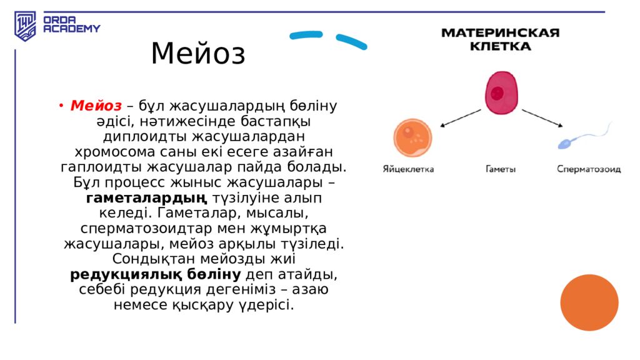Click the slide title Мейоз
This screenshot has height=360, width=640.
click(198, 54)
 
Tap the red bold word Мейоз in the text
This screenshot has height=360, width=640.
click(96, 106)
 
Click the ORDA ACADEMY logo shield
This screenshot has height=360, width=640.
click(26, 26)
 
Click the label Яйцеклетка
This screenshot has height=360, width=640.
click(408, 169)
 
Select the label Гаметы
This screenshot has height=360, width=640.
click(501, 169)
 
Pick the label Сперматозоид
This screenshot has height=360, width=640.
click(589, 169)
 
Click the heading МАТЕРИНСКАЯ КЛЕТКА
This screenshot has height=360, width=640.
click(501, 39)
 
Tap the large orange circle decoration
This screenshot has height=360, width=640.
click(589, 302)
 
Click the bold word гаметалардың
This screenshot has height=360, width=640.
click(147, 198)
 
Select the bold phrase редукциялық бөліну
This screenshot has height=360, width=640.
click(155, 274)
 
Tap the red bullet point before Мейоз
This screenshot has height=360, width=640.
click(62, 106)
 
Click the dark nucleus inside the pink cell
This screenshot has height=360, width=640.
click(497, 93)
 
